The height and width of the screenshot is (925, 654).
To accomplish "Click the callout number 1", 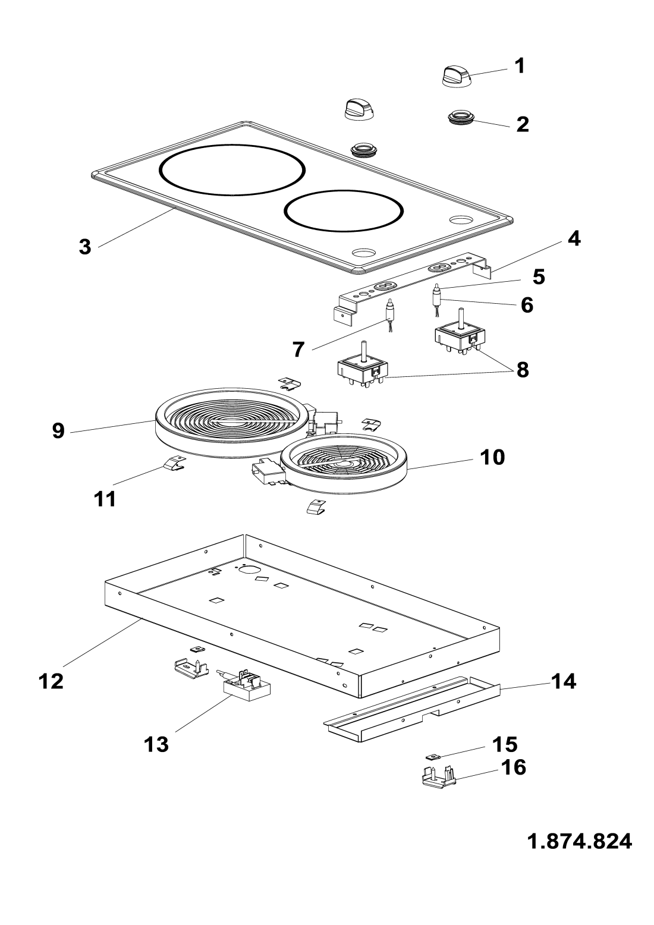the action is [520, 66].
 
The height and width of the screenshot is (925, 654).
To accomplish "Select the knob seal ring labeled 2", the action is [460, 118].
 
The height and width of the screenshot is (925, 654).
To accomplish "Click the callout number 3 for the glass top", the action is [84, 247].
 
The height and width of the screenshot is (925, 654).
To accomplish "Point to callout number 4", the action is [574, 239].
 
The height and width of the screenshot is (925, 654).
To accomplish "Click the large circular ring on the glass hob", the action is [232, 169].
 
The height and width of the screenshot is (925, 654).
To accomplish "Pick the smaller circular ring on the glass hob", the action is [343, 210].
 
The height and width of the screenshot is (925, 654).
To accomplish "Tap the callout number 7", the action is [298, 350].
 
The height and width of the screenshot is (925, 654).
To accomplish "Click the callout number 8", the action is [523, 370].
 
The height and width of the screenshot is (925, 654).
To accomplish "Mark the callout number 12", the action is [51, 681].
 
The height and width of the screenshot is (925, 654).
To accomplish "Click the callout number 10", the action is [492, 457].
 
